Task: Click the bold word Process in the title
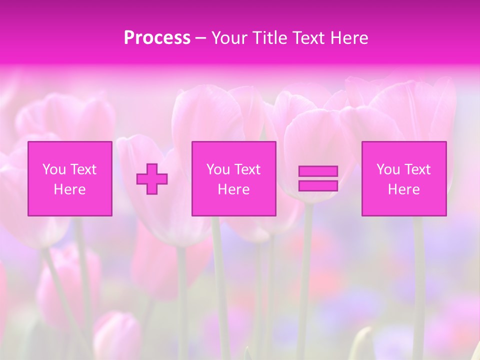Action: pos(157,38)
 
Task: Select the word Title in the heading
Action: pos(272,38)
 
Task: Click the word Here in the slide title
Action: pos(349,38)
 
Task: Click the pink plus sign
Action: pos(152,179)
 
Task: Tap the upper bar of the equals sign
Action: pos(318,171)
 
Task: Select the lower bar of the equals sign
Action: pos(318,185)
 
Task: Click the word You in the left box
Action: pos(54,169)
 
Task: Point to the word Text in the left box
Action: pos(83,169)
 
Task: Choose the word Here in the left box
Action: pos(69,189)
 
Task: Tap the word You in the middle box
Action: pos(218,169)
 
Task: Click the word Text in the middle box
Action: pos(247,169)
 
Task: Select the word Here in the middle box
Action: pos(233,189)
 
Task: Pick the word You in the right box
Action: pos(388,169)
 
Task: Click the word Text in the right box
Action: pos(417,169)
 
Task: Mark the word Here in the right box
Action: pos(403,189)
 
